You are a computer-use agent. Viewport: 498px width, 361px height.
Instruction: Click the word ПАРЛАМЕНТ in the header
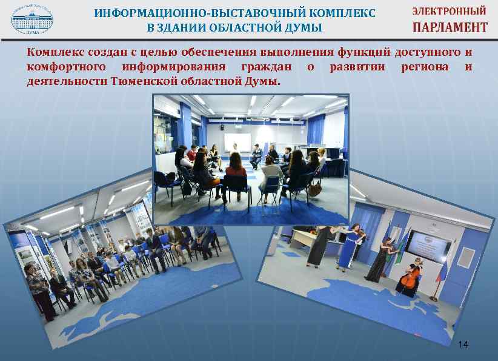[x=450, y=27]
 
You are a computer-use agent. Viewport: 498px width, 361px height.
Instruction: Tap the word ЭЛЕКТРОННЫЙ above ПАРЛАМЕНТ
[x=449, y=11]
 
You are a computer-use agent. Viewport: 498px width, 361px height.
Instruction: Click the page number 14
[x=463, y=345]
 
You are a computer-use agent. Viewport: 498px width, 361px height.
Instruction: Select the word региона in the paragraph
[x=425, y=67]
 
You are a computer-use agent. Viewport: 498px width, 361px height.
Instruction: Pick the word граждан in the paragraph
[x=265, y=67]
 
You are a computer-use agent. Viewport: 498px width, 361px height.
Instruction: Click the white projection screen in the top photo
[x=237, y=143]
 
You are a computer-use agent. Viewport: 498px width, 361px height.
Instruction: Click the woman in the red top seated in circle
[x=235, y=172]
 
